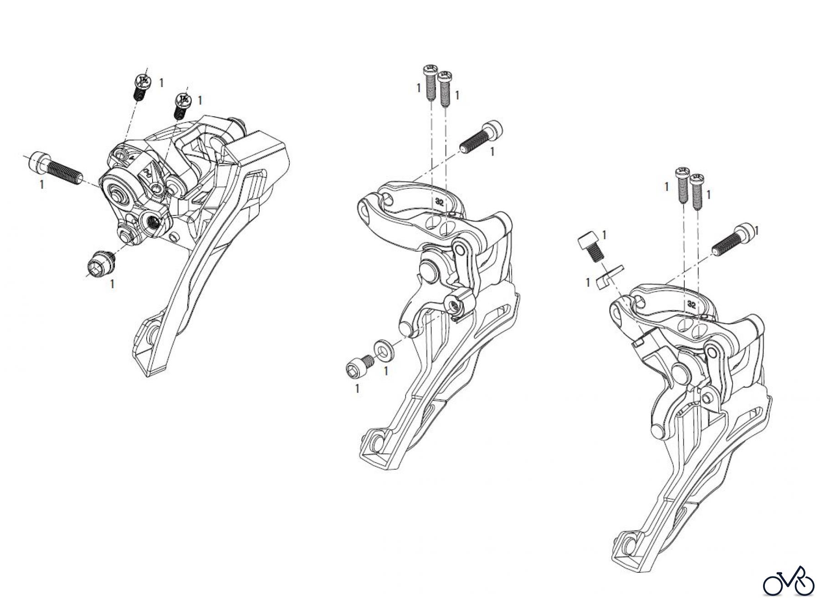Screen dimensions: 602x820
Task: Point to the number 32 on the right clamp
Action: click(x=692, y=304)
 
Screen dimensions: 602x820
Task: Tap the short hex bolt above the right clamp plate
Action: click(x=590, y=247)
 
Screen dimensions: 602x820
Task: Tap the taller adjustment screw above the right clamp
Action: click(x=682, y=185)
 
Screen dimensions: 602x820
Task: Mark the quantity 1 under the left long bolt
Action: click(x=42, y=185)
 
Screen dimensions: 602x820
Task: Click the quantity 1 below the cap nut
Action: click(x=112, y=284)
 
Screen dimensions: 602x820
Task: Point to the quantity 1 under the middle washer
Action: click(x=386, y=371)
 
